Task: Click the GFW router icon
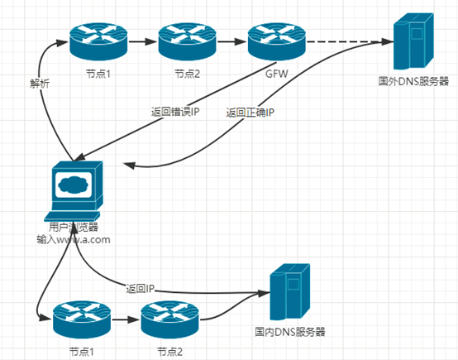pyautogui.click(x=276, y=39)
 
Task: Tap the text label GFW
pyautogui.click(x=276, y=74)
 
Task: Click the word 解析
pyautogui.click(x=40, y=84)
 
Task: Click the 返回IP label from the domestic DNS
pyautogui.click(x=141, y=289)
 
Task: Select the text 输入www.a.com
pyautogui.click(x=73, y=239)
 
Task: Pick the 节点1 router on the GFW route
pyautogui.click(x=96, y=39)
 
